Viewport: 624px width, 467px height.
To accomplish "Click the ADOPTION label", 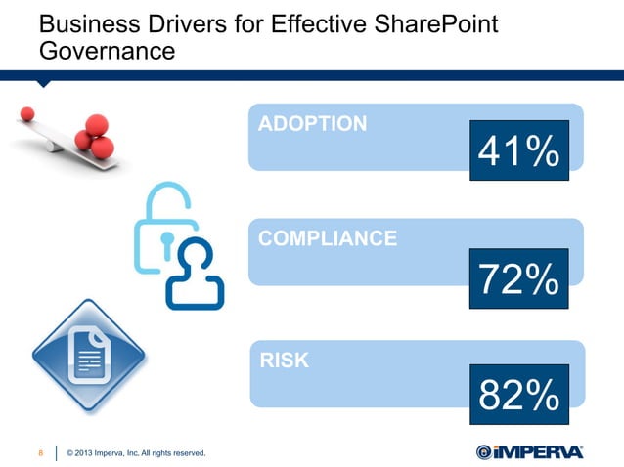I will point(312,124).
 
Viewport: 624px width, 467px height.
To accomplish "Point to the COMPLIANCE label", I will point(327,237).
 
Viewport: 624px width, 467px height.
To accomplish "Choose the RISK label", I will point(285,361).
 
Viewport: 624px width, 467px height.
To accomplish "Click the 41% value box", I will point(518,150).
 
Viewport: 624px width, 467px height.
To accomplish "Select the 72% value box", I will point(518,278).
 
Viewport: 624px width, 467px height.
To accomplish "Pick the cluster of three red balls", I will point(94,136).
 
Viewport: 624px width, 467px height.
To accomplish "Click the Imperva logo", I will point(529,450).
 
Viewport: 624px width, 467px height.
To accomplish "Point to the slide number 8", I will point(40,451).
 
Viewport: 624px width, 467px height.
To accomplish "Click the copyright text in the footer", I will point(135,451).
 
